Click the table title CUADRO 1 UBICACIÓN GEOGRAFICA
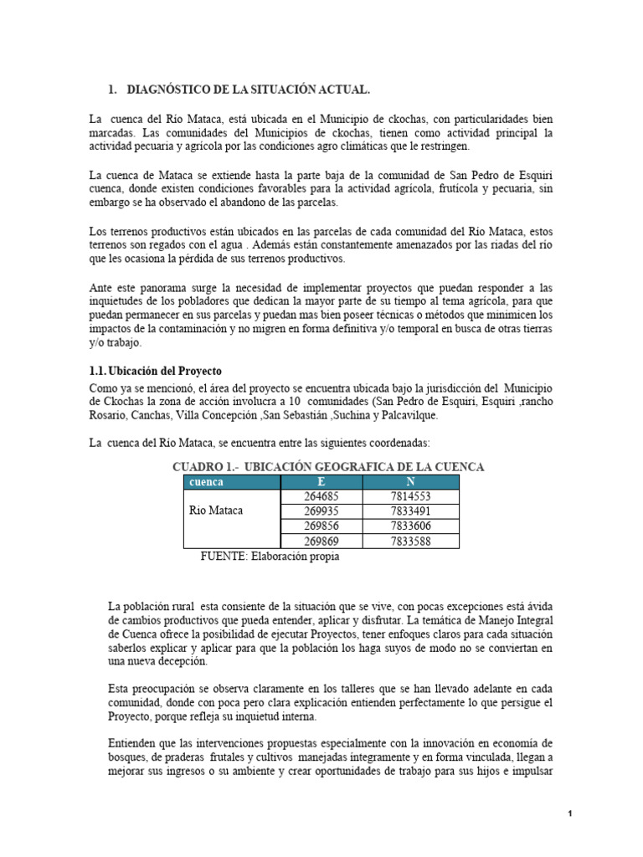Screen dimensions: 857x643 pyautogui.click(x=328, y=466)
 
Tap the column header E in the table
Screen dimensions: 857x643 pyautogui.click(x=322, y=482)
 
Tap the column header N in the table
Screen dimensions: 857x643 pyautogui.click(x=410, y=482)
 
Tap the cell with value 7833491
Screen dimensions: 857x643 pyautogui.click(x=410, y=511)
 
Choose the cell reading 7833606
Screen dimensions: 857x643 pyautogui.click(x=410, y=526)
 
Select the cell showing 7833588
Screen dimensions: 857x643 pyautogui.click(x=410, y=541)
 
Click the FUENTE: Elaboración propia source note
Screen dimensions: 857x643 pyautogui.click(x=270, y=557)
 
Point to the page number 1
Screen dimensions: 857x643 pyautogui.click(x=569, y=813)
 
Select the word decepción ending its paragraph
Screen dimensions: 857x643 pyautogui.click(x=177, y=661)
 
